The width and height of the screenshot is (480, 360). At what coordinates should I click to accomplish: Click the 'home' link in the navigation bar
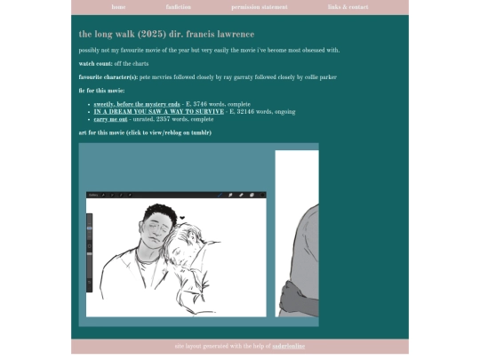[118, 7]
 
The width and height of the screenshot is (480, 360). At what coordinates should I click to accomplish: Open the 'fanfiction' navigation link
[178, 7]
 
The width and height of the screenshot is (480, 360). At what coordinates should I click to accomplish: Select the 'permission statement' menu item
[259, 7]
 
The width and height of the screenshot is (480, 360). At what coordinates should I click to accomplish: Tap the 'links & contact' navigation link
[348, 7]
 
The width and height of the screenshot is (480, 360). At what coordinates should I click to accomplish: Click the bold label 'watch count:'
[96, 64]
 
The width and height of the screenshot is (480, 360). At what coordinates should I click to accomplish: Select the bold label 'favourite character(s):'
[108, 77]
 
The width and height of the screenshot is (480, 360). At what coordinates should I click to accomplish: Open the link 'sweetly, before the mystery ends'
[137, 104]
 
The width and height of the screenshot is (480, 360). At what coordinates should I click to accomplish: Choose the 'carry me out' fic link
[111, 118]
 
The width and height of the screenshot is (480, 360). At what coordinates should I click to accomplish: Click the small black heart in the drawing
[181, 218]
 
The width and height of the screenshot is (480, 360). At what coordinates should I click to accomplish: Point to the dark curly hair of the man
[159, 213]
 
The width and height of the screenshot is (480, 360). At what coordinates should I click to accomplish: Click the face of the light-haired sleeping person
[188, 242]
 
